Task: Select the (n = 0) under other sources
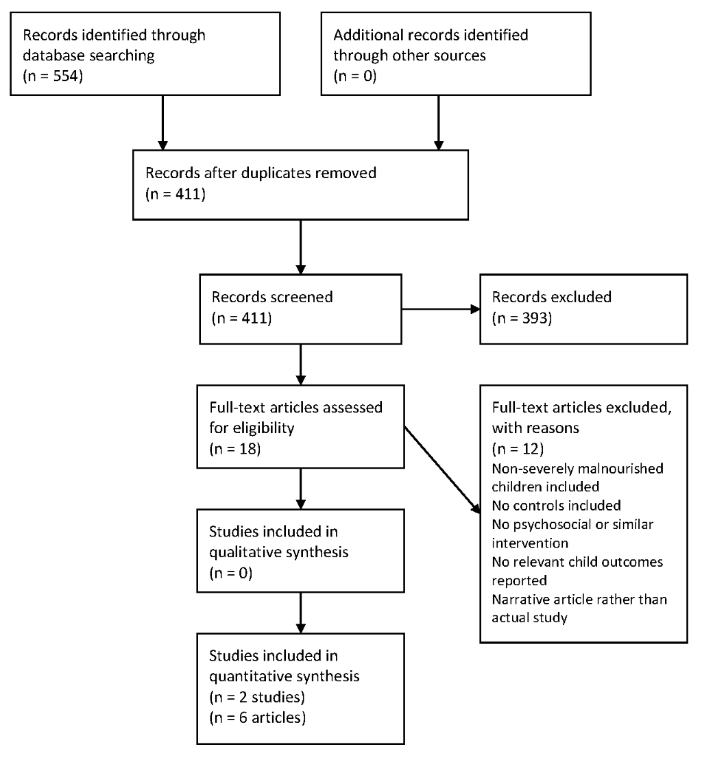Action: click(x=355, y=76)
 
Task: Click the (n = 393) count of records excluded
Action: click(x=522, y=318)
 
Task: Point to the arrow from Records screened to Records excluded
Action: click(x=441, y=309)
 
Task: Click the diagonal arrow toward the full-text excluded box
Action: click(x=442, y=469)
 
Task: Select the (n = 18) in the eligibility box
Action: click(x=235, y=449)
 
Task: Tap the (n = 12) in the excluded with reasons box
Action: click(x=518, y=449)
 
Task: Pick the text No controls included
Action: click(x=556, y=506)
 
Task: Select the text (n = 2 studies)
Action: click(x=257, y=697)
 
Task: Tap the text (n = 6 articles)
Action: click(x=258, y=717)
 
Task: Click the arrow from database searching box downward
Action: click(x=163, y=123)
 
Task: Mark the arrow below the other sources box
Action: click(x=439, y=123)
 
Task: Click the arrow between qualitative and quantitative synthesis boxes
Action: click(x=301, y=613)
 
